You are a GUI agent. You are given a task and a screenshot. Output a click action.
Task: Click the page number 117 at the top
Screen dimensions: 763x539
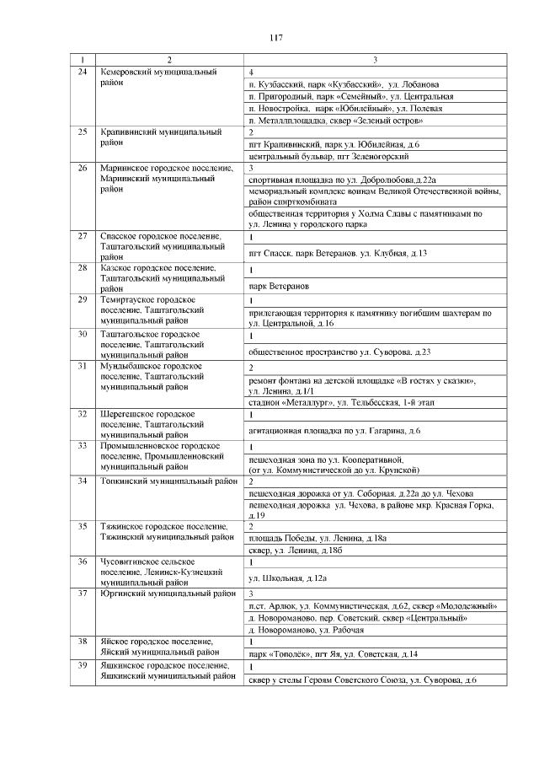click(275, 38)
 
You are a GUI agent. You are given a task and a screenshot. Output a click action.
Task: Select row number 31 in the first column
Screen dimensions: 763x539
click(82, 368)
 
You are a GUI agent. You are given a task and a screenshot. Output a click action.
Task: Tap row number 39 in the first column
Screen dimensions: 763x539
click(82, 667)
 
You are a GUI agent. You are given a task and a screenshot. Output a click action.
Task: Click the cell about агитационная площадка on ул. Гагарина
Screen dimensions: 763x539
click(334, 431)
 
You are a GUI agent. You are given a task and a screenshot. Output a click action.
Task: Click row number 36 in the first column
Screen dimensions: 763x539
click(82, 562)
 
